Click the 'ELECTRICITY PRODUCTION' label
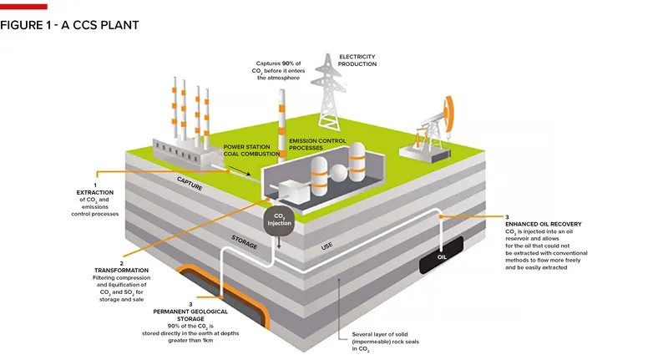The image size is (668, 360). pyautogui.click(x=357, y=60)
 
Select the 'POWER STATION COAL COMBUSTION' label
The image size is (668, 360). pyautogui.click(x=250, y=150)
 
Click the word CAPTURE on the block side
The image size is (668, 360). pyautogui.click(x=190, y=182)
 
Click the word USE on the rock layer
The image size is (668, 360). pyautogui.click(x=328, y=247)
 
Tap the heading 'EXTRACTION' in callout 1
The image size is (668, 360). pyautogui.click(x=94, y=193)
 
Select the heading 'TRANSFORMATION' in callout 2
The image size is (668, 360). pyautogui.click(x=121, y=271)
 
